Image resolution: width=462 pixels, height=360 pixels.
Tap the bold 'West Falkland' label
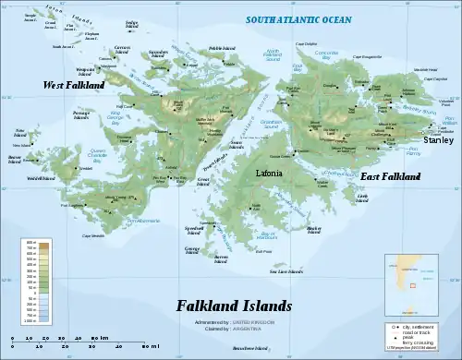pyautogui.click(x=75, y=85)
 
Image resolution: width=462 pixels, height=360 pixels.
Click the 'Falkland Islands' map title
pyautogui.click(x=235, y=306)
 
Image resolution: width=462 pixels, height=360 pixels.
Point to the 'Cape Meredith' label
pyautogui.click(x=92, y=236)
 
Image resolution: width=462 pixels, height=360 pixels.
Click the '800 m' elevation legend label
pyautogui.click(x=30, y=243)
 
